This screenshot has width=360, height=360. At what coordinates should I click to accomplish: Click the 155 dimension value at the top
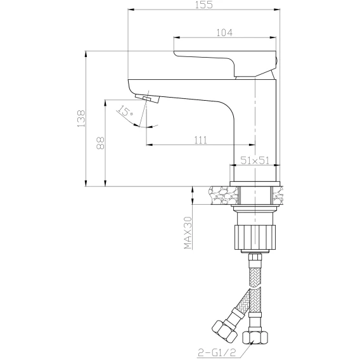tap(204, 4)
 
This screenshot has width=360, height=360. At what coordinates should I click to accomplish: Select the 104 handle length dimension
tap(224, 32)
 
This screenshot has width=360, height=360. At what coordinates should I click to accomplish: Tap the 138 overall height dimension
tap(81, 119)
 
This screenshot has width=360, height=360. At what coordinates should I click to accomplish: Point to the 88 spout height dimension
tap(100, 143)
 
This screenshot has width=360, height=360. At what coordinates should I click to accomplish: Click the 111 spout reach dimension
tap(200, 140)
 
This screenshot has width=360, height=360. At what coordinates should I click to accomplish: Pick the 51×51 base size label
tap(254, 160)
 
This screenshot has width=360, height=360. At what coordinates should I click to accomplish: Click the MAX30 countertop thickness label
tap(188, 233)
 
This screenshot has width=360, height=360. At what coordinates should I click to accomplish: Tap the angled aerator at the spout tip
tap(148, 98)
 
